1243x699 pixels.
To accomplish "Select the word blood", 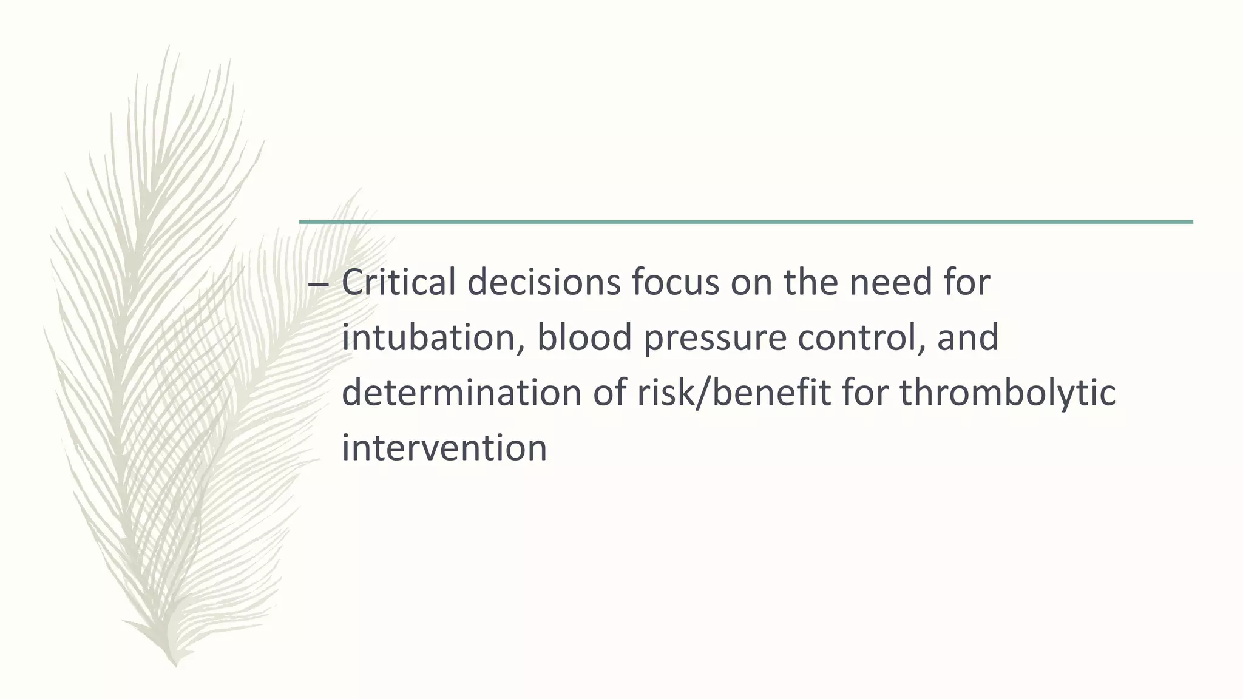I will click(584, 337).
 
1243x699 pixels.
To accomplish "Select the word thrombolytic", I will click(1008, 393).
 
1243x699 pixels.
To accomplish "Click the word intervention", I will click(444, 448).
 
